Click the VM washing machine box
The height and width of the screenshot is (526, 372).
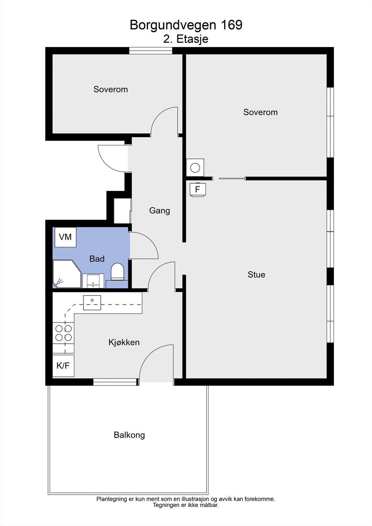click(65, 237)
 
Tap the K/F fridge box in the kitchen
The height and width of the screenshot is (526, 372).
click(63, 366)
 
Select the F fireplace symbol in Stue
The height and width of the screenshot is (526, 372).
click(198, 190)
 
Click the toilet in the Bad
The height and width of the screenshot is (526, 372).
click(117, 272)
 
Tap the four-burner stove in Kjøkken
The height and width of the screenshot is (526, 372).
click(64, 333)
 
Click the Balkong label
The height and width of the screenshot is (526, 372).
click(129, 435)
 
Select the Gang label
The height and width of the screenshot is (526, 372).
click(160, 210)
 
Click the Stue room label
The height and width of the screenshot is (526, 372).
click(256, 275)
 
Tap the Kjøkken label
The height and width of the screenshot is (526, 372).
click(124, 342)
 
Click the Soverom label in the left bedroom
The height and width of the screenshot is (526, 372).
click(111, 89)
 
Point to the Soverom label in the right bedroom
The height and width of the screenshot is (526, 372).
click(260, 112)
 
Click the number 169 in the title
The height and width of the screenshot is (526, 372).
click(231, 25)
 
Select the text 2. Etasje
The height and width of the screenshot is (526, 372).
click(186, 39)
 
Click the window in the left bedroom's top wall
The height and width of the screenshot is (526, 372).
click(150, 51)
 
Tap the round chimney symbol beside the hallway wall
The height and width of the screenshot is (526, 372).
click(195, 168)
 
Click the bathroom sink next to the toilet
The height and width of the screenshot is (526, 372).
click(93, 281)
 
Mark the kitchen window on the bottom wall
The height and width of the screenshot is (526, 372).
click(115, 382)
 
